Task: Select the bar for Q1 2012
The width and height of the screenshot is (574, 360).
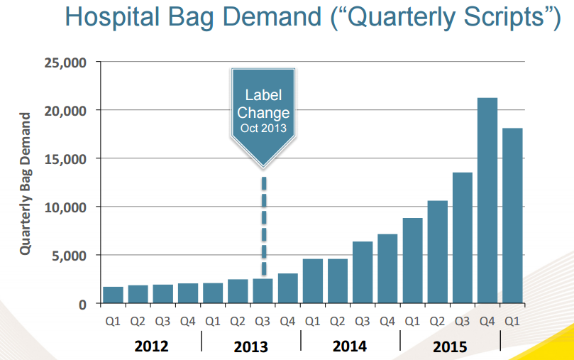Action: click(x=114, y=295)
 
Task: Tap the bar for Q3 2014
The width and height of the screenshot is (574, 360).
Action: click(x=363, y=272)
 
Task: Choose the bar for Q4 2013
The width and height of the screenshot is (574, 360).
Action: click(x=288, y=288)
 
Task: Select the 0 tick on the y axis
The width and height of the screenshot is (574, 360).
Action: click(x=82, y=304)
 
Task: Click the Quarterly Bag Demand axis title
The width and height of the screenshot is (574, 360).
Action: click(x=25, y=183)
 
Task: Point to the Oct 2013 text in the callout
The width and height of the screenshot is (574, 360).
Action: click(x=263, y=128)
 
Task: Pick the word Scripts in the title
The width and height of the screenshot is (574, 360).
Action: click(x=497, y=18)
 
